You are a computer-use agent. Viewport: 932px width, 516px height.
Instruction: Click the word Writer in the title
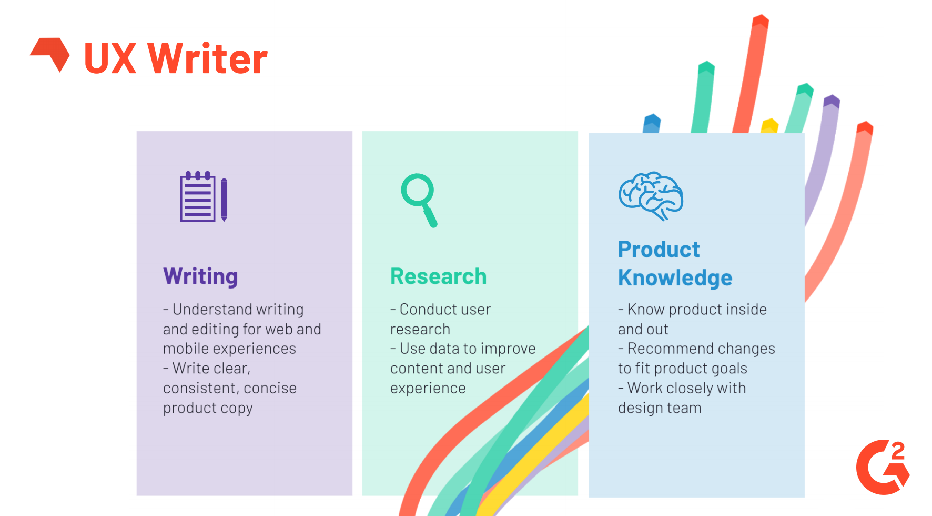coord(207,59)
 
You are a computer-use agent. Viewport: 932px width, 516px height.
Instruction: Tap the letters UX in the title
coord(110,59)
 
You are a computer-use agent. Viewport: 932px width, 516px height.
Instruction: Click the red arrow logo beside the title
coord(51,53)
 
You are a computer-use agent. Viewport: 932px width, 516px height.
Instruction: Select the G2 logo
coord(883,467)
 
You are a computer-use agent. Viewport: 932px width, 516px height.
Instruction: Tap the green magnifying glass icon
coord(419,200)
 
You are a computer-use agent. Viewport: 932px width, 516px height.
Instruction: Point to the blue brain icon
coord(651,195)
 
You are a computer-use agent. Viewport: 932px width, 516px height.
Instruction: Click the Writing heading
coord(200,276)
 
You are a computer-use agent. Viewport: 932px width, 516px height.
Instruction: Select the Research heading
coord(438,276)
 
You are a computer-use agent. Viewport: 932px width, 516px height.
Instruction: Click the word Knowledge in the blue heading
coord(675,278)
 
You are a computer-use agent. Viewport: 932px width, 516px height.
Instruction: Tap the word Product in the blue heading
coord(659,250)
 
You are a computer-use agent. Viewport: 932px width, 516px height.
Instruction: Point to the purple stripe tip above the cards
coord(832,101)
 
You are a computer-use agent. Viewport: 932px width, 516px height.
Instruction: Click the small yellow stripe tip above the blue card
coord(770,125)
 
